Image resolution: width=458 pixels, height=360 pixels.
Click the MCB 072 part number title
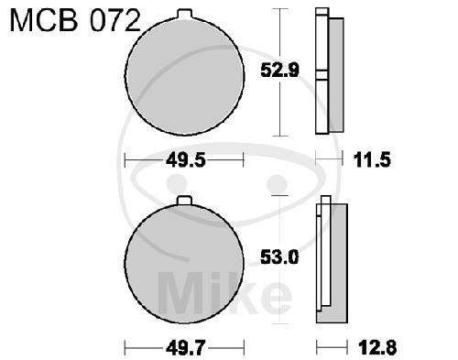(x=75, y=20)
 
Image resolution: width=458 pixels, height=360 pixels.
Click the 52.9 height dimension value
(x=279, y=71)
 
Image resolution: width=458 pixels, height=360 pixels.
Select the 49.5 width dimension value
(x=185, y=160)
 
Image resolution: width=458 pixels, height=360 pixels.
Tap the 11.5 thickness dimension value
(x=372, y=160)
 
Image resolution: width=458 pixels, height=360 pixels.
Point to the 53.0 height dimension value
(x=279, y=257)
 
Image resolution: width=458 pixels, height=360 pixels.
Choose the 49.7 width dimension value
(x=186, y=348)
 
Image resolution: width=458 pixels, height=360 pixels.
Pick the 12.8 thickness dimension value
(x=377, y=347)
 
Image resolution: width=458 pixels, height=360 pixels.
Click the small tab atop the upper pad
(x=185, y=14)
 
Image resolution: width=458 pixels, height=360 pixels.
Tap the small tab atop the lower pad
(x=185, y=201)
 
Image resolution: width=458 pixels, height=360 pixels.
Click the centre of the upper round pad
(x=184, y=75)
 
